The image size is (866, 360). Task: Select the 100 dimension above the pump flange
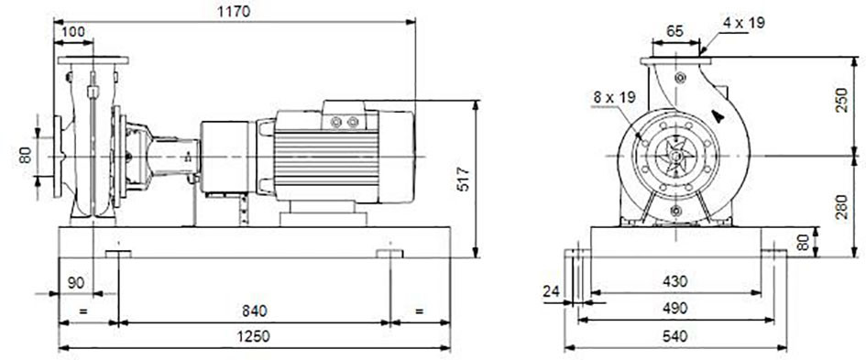tap(73, 31)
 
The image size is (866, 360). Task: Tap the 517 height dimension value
tap(464, 179)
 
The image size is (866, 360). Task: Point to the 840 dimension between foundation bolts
tap(254, 311)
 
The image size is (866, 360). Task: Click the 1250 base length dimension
tap(254, 336)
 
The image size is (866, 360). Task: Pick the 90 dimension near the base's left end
tap(76, 283)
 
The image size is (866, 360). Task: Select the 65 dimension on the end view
tap(674, 31)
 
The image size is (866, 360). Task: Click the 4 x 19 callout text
tap(744, 23)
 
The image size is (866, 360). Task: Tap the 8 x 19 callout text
tap(615, 97)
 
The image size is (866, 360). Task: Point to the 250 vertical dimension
tap(841, 99)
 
